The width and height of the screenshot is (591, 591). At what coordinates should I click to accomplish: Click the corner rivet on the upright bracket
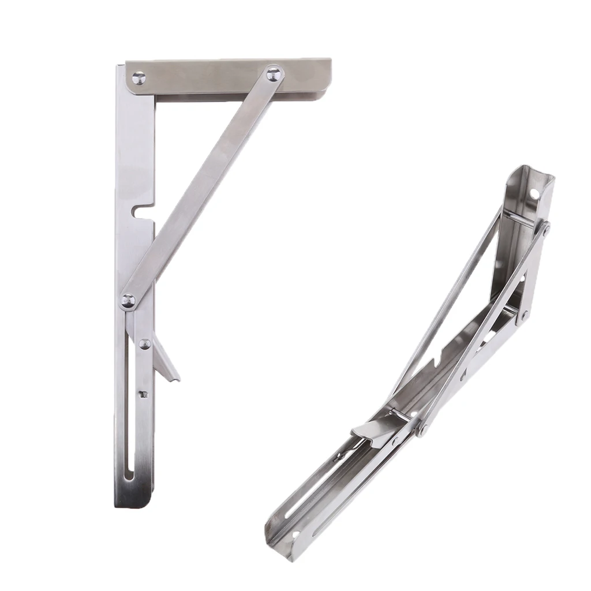(x=139, y=78)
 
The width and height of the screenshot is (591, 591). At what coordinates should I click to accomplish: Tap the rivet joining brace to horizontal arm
(x=274, y=74)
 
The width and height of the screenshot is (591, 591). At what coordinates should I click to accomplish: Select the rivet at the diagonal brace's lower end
(x=128, y=300)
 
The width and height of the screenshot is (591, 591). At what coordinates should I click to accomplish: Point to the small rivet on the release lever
(x=144, y=344)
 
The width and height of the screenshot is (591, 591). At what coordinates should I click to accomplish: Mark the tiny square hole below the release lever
(x=144, y=394)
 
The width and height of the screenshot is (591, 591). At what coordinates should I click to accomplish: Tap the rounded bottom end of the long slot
(x=129, y=476)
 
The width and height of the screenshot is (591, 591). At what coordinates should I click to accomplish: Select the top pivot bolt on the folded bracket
(x=545, y=229)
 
